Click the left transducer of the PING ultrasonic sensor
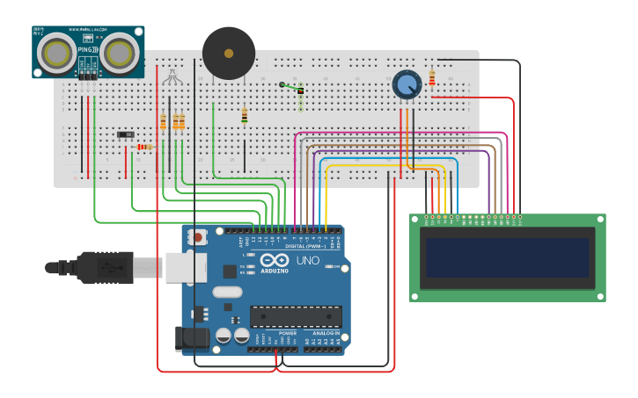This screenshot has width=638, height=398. [57, 54]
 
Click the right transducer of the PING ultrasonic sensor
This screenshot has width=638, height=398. [120, 54]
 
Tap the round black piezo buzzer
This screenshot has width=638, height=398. [229, 53]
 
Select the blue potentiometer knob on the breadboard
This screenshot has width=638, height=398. [407, 84]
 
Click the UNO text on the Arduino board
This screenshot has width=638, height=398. [307, 261]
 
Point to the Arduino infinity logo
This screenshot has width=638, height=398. [274, 261]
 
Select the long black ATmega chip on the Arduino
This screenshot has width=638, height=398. [296, 316]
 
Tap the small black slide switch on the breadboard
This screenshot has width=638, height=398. [126, 134]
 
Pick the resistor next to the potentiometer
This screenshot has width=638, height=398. [431, 78]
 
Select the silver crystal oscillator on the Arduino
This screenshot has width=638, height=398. [226, 293]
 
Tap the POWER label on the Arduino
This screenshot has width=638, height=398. [287, 334]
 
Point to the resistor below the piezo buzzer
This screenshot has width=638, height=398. [244, 115]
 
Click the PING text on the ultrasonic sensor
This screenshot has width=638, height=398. [88, 49]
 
